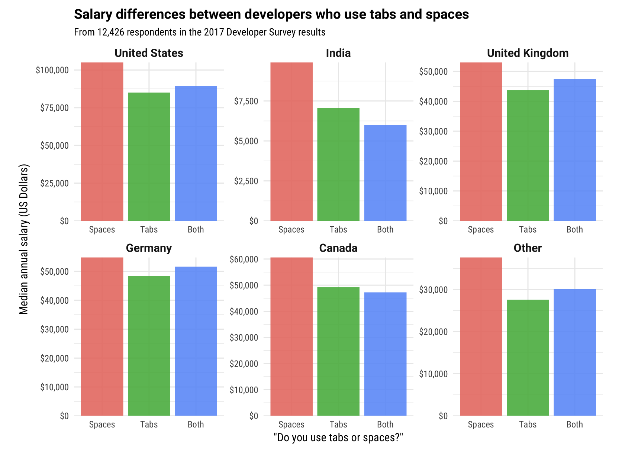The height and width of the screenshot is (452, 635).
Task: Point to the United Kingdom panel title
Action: click(528, 53)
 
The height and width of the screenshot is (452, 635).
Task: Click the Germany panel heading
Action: click(149, 248)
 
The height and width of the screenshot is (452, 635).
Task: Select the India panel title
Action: click(338, 53)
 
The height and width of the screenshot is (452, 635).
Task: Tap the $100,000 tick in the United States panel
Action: click(52, 70)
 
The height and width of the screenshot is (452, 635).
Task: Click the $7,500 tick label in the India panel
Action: click(246, 101)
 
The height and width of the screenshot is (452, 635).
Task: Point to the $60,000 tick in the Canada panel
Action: click(244, 259)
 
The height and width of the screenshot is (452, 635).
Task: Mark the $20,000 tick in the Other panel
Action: click(433, 332)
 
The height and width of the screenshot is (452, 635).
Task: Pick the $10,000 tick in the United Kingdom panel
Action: click(433, 191)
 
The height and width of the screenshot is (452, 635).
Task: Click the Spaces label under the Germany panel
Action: click(102, 424)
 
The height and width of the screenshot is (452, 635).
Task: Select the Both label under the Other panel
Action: click(574, 424)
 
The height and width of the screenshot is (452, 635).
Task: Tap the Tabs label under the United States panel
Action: click(149, 230)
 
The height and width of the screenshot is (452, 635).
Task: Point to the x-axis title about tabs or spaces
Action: click(338, 438)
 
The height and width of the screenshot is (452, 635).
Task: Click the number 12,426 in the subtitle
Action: click(111, 32)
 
